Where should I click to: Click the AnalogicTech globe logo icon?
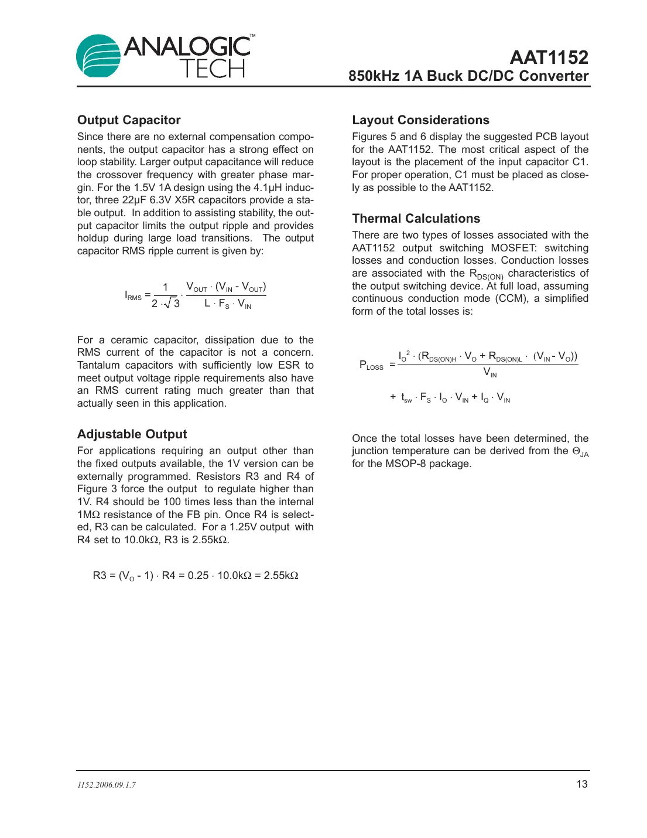(98, 56)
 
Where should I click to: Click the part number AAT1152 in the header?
(549, 57)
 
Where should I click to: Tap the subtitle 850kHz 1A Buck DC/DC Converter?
(468, 76)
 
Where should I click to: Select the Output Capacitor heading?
(129, 120)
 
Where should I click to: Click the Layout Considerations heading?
(420, 120)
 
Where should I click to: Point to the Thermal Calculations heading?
(416, 219)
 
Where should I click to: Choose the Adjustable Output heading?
(132, 434)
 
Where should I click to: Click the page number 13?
(581, 784)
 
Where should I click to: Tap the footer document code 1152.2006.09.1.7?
(107, 785)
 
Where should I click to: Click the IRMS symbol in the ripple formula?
(133, 295)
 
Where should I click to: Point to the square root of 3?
(172, 303)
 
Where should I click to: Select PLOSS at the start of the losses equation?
(371, 365)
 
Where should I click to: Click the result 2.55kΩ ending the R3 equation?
(281, 575)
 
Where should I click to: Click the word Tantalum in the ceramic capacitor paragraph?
(98, 365)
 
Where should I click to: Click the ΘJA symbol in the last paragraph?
(580, 452)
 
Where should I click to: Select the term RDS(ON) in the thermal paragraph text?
(486, 274)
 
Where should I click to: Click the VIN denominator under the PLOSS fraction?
(489, 373)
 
